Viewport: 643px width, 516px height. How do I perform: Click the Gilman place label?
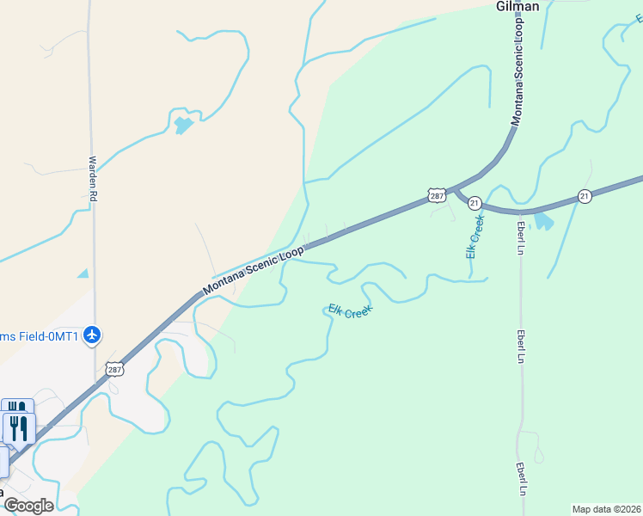click(517, 7)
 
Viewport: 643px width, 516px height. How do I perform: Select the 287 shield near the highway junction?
click(437, 196)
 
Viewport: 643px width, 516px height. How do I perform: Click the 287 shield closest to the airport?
click(114, 369)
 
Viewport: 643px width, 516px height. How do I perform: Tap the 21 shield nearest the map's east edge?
click(585, 196)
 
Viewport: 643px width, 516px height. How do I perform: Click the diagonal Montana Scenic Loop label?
click(254, 269)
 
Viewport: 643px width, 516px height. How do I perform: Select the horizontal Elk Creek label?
click(351, 311)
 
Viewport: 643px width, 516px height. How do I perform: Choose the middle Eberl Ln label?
click(521, 347)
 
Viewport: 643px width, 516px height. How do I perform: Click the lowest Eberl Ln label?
click(521, 479)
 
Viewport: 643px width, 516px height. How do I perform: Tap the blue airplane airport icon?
click(93, 335)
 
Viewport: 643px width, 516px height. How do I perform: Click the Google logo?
click(28, 505)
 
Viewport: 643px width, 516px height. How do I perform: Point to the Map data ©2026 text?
click(606, 508)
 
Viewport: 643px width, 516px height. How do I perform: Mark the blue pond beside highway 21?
click(543, 222)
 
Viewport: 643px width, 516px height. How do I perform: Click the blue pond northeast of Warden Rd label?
click(183, 126)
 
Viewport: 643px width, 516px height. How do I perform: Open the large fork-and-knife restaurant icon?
click(19, 427)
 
